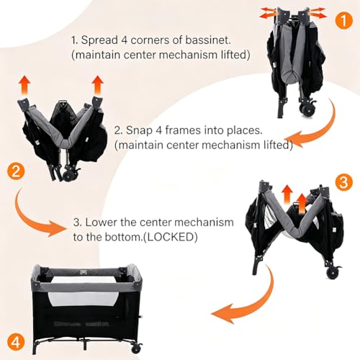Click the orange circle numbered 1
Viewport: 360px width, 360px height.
coord(343,20)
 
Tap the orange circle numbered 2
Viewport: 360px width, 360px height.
coord(16,171)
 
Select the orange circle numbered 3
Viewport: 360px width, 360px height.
coord(343,182)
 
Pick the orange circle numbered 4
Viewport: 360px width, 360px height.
coord(16,342)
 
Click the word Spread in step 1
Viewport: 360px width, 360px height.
coord(99,40)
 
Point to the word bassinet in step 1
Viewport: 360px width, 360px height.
coord(208,40)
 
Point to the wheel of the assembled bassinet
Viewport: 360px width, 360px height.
coord(136,348)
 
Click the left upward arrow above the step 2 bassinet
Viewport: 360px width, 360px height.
coord(24,86)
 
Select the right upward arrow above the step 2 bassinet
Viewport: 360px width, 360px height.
coord(97,86)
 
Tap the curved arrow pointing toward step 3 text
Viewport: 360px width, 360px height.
coord(34,216)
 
